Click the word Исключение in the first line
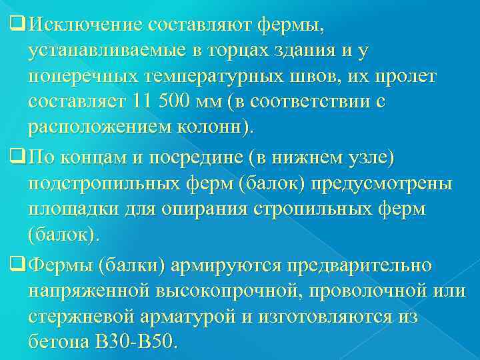click(87, 25)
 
